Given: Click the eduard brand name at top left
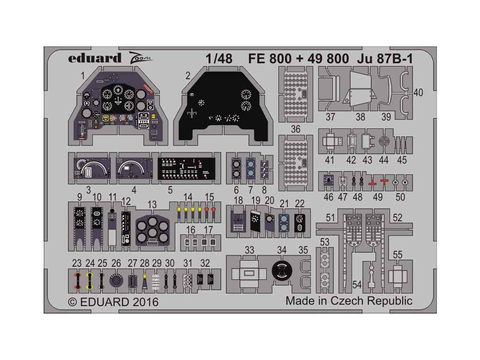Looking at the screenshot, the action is (x=88, y=59).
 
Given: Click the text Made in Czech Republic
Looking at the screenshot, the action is (x=349, y=300).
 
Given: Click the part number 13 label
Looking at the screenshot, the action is (x=152, y=204).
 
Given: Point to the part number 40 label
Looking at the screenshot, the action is (x=418, y=93).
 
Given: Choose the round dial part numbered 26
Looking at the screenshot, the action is (x=116, y=281).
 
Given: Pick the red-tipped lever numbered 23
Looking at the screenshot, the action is (x=77, y=280).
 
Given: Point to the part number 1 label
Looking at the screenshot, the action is (x=82, y=75).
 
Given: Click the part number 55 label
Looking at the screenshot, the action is (x=397, y=255).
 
